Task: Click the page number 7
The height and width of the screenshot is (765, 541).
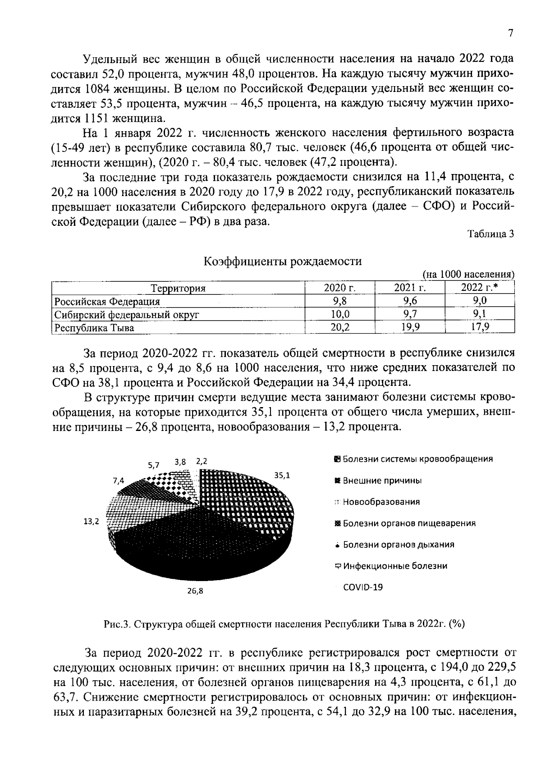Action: [510, 34]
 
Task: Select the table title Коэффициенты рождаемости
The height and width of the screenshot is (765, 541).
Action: [283, 261]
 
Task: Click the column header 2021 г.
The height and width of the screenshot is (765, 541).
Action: [410, 288]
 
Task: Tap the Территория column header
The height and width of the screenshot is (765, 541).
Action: [178, 289]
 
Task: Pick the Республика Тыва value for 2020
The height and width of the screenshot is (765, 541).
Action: [340, 328]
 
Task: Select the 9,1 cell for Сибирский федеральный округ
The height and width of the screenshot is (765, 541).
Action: [480, 314]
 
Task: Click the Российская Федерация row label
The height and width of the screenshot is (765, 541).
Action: [107, 301]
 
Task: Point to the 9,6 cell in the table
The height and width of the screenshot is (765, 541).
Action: [410, 301]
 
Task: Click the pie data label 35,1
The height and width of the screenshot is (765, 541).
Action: [282, 475]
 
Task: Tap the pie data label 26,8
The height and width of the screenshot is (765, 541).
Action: [195, 591]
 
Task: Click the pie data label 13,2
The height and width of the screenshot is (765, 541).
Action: [91, 522]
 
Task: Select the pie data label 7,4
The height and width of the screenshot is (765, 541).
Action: [119, 481]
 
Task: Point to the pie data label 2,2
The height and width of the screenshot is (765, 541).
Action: [201, 462]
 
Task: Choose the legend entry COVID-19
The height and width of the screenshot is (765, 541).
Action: [363, 587]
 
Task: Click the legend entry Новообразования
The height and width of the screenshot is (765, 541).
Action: [381, 502]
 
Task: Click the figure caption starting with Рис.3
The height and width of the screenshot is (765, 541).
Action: [284, 624]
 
